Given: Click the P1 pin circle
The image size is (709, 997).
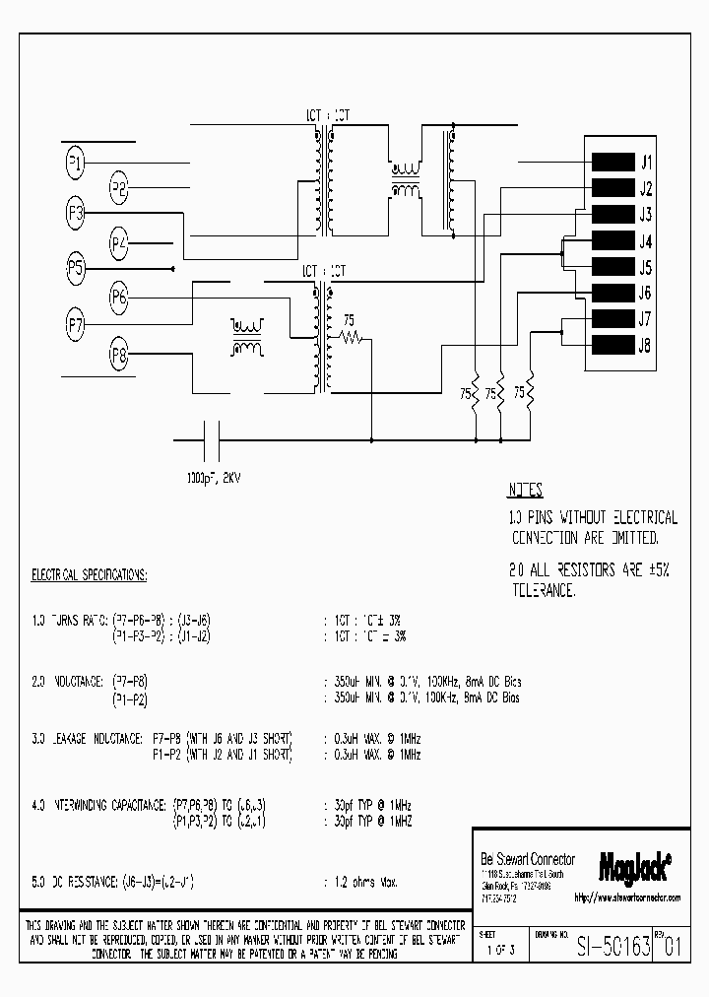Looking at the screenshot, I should [75, 163].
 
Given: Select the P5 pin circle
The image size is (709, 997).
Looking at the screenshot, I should [76, 267].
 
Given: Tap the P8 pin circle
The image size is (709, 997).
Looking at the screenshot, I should [119, 356].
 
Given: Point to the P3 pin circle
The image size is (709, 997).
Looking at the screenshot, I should [76, 215].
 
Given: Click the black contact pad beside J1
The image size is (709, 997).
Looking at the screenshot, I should [612, 163].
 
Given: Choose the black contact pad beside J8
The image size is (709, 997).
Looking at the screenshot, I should [612, 345].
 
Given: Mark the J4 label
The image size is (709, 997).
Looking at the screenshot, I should [646, 241].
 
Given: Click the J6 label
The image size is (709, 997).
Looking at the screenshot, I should [646, 294].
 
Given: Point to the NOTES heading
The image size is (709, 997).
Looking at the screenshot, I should [526, 491].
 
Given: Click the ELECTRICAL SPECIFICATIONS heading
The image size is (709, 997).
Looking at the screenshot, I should [90, 574].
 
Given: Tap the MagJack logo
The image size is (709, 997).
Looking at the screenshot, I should [635, 866].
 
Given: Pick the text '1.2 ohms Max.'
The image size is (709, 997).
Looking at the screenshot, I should [359, 880].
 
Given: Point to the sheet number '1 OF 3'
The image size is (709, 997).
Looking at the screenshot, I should [499, 951].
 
